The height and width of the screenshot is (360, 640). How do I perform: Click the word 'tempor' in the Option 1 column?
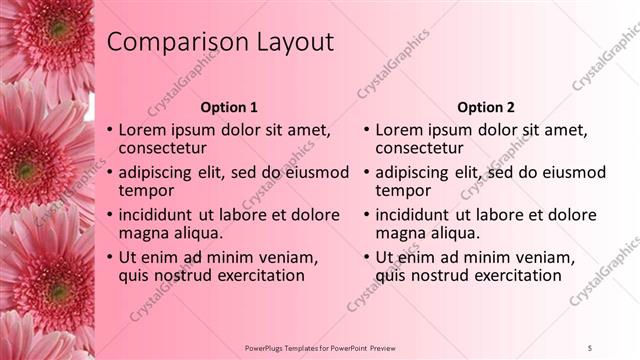coord(146,190)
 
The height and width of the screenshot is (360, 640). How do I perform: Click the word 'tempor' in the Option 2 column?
coord(402,190)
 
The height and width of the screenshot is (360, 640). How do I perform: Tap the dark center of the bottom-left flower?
coord(55,293)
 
